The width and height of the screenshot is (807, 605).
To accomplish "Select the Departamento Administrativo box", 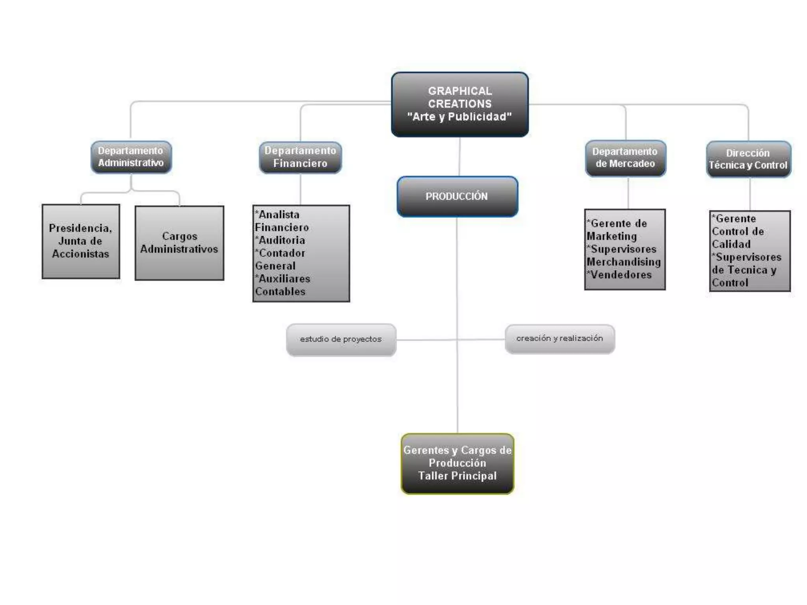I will (x=131, y=157).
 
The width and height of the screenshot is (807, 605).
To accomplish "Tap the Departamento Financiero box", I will (x=300, y=157).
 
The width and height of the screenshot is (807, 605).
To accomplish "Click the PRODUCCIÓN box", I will (x=457, y=196).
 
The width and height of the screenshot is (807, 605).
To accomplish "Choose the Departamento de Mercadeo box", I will (x=625, y=158).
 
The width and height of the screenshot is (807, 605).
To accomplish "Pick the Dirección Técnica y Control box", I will (x=748, y=159).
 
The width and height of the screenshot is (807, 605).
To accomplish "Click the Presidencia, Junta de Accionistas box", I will (x=81, y=241).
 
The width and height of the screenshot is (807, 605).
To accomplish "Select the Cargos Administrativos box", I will (x=179, y=243).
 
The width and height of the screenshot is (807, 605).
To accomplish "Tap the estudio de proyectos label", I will (x=341, y=339).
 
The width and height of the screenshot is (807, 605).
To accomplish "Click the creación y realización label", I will (x=560, y=338).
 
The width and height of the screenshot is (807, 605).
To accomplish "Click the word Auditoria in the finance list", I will (x=282, y=240).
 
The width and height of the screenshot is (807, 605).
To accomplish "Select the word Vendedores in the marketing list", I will (x=621, y=275).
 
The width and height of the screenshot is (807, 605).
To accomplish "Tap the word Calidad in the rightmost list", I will (x=731, y=244).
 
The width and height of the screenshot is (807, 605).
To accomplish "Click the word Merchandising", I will (x=624, y=262).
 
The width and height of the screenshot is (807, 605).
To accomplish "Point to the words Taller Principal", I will (x=457, y=476).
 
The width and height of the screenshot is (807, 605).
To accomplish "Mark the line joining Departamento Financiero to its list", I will (x=301, y=189).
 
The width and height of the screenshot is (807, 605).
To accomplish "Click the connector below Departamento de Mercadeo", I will (x=628, y=193).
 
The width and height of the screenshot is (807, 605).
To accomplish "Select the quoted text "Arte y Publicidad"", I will (x=459, y=117).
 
